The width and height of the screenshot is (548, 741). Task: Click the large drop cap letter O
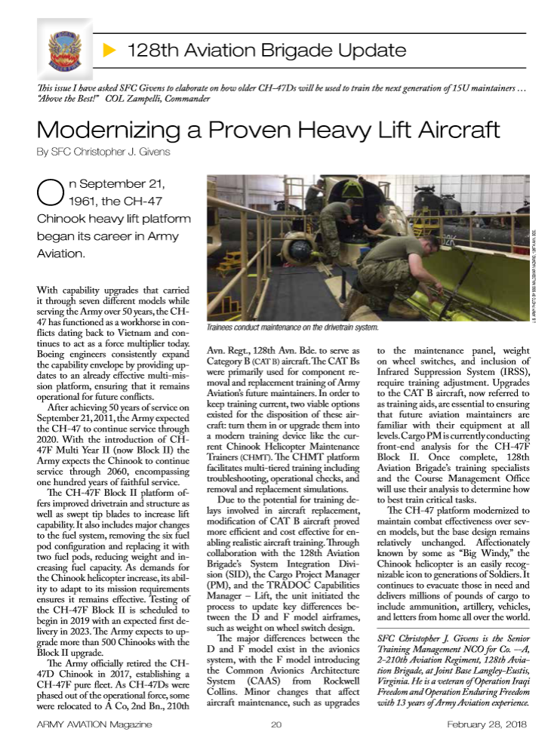48,194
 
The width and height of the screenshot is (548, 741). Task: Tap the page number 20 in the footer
276,724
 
